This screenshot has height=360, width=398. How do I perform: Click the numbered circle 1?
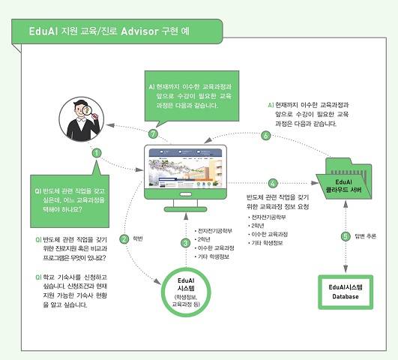coord(97,152)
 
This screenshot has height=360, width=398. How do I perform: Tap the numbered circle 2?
coord(122,239)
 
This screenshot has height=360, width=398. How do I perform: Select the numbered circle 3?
coord(185,241)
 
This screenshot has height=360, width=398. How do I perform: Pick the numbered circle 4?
coord(273,182)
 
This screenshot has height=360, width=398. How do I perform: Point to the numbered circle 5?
coord(346,236)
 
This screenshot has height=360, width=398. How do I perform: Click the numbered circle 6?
coord(265,136)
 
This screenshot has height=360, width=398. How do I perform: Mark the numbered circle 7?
coord(153,134)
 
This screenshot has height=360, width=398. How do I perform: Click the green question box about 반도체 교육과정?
coord(66,191)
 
